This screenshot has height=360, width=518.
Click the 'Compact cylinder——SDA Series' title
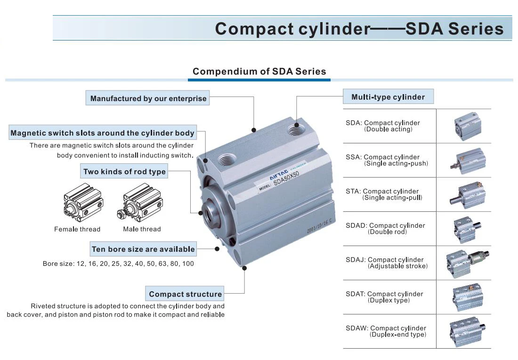pyautogui.click(x=359, y=29)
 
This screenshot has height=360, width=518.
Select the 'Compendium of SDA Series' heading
pyautogui.click(x=259, y=72)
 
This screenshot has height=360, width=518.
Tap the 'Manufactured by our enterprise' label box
pyautogui.click(x=148, y=99)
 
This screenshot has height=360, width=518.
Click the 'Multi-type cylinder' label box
pyautogui.click(x=388, y=97)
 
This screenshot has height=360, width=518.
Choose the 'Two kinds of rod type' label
pyautogui.click(x=124, y=172)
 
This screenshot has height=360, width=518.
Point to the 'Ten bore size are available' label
pyautogui.click(x=143, y=249)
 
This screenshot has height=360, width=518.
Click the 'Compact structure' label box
pyautogui.click(x=185, y=294)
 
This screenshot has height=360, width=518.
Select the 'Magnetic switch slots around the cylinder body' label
pyautogui.click(x=102, y=133)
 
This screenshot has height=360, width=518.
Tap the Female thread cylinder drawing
pyautogui.click(x=83, y=203)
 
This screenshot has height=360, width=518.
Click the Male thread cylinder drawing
pyautogui.click(x=142, y=203)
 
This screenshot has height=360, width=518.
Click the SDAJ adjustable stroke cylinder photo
pyautogui.click(x=467, y=263)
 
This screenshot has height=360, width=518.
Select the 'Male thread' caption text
pyautogui.click(x=142, y=229)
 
